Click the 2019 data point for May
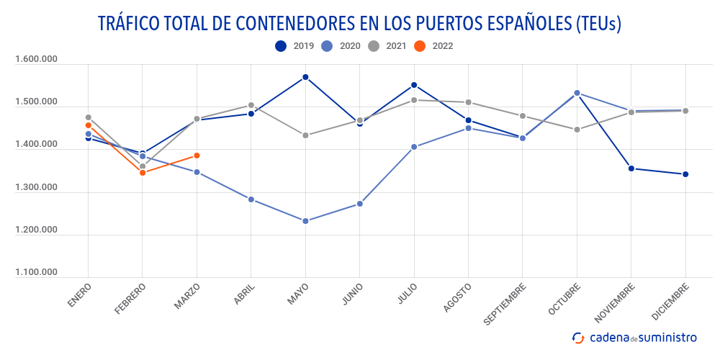click(305, 77)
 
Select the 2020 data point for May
click(305, 221)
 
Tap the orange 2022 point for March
click(197, 156)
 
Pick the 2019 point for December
click(685, 174)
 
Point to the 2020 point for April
click(251, 199)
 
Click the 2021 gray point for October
click(577, 130)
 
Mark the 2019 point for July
click(414, 85)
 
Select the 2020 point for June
click(360, 204)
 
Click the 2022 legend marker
click(420, 46)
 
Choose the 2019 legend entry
click(293, 46)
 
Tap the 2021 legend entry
click(385, 46)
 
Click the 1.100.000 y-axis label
click(36, 272)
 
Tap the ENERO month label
click(80, 296)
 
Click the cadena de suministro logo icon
click(578, 337)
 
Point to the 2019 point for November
click(631, 168)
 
